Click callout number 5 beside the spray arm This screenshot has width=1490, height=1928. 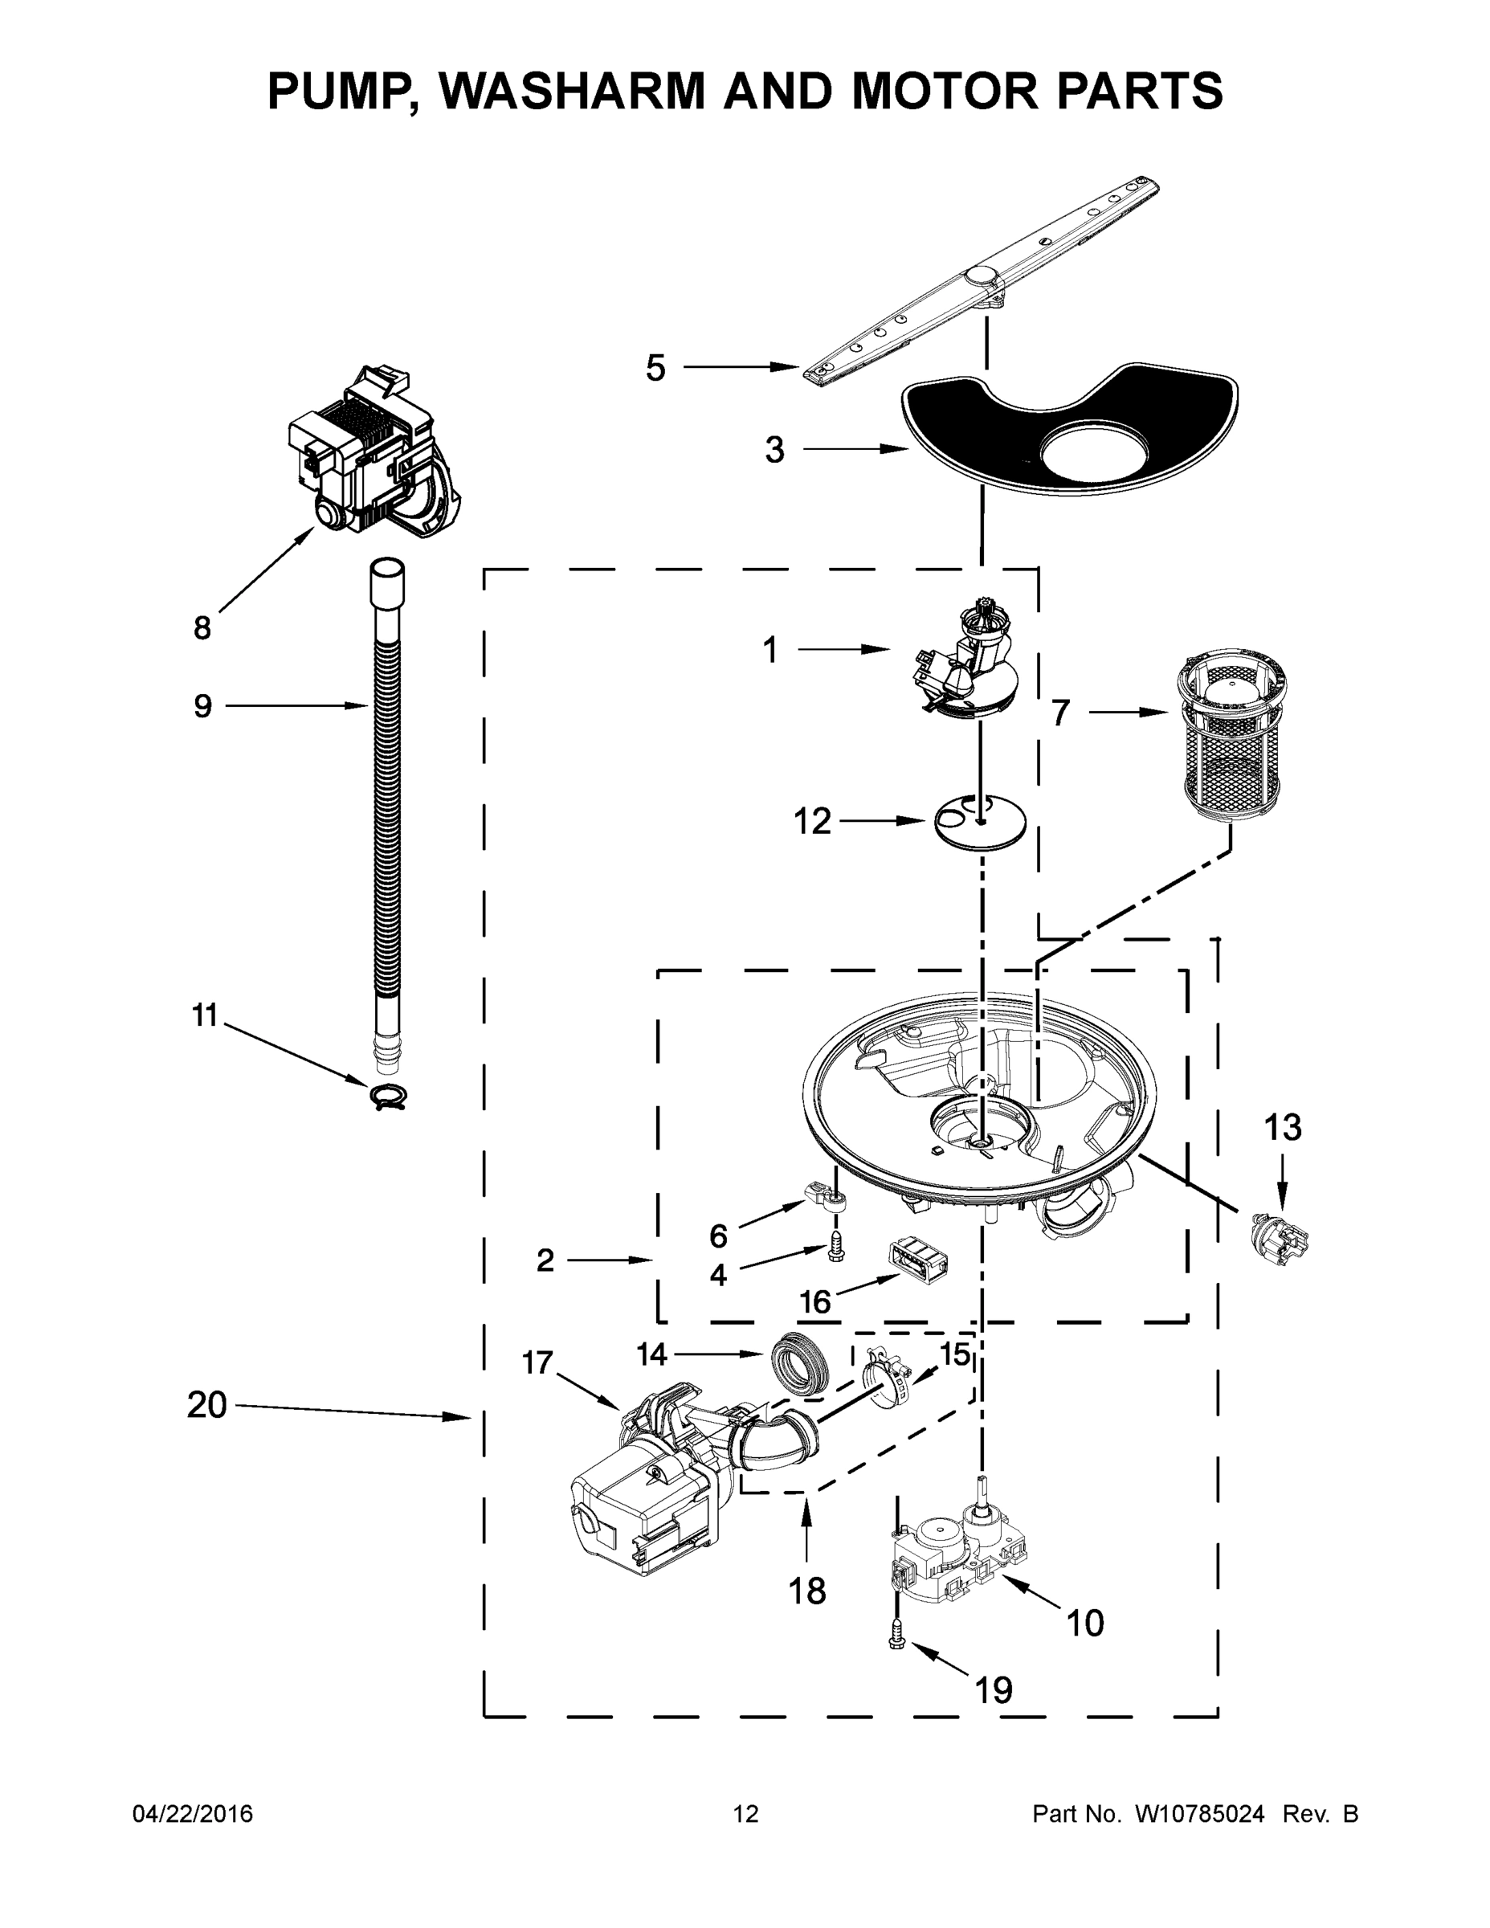coord(655,368)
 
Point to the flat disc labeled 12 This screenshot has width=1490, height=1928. coord(980,822)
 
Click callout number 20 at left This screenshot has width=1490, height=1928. coord(206,1405)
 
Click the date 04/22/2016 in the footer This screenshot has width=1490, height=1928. coord(193,1815)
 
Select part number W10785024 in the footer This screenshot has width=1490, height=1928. coord(1198,1815)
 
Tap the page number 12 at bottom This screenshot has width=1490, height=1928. coord(745,1815)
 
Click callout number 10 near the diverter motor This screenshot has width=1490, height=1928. coord(1085,1624)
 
